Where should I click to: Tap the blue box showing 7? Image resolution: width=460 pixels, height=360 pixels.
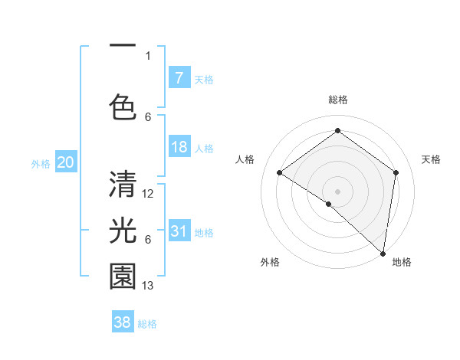(179, 77)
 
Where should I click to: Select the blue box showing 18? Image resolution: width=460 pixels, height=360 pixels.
(179, 147)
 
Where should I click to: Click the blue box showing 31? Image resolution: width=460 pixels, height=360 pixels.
(179, 231)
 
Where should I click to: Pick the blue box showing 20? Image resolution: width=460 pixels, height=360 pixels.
(65, 162)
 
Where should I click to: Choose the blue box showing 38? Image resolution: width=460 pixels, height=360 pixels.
(123, 322)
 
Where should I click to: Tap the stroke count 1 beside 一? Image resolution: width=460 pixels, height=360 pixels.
(148, 55)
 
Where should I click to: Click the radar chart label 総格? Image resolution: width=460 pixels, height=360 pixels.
(337, 100)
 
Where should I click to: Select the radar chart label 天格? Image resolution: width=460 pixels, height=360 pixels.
(431, 159)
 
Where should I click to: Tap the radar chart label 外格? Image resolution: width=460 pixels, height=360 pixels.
(270, 262)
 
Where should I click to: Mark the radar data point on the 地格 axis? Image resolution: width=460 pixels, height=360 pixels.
(383, 254)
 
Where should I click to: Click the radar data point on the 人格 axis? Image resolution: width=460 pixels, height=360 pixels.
(280, 172)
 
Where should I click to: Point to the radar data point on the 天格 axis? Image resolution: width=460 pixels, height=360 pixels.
(396, 172)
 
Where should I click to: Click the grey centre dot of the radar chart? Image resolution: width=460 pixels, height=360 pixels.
(337, 191)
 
